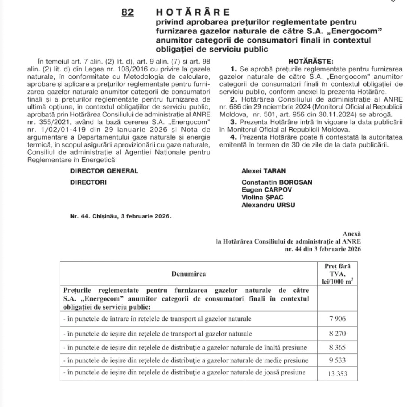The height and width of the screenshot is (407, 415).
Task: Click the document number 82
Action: tap(127, 12)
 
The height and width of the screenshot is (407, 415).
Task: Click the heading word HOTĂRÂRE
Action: tap(193, 12)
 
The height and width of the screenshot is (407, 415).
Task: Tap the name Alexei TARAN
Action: tap(263, 171)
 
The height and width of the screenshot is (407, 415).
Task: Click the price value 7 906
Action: tap(337, 319)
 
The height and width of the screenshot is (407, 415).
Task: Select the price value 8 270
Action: tap(337, 333)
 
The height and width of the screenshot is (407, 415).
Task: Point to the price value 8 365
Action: tap(337, 347)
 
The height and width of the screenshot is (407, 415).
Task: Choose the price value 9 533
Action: tap(337, 360)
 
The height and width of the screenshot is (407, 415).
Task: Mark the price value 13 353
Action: tap(337, 374)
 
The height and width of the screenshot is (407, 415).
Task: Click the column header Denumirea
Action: tap(189, 273)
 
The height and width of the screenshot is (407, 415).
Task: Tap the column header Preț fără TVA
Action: tap(337, 273)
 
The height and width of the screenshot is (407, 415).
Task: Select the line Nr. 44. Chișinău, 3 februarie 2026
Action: tap(120, 216)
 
